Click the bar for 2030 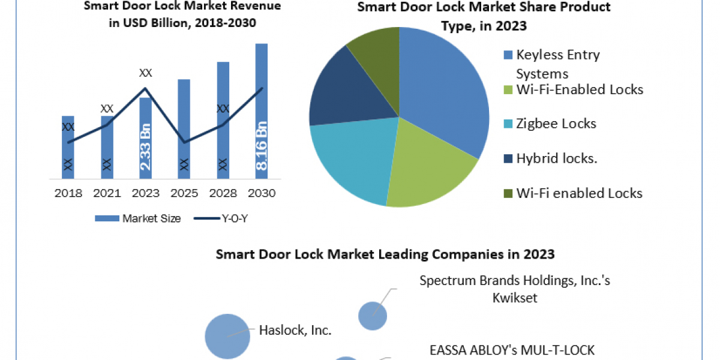click(262, 111)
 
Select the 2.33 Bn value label click(146, 147)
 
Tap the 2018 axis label click(68, 193)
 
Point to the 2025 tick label click(184, 193)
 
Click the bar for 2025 click(184, 129)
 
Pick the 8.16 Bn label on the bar click(262, 146)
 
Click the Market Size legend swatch click(107, 218)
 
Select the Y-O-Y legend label click(235, 218)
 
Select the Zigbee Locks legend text click(556, 124)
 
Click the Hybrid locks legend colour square click(508, 159)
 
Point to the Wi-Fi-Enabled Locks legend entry click(574, 89)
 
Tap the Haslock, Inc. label click(295, 330)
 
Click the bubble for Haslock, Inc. click(227, 336)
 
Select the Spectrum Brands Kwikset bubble click(373, 316)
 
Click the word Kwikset click(515, 298)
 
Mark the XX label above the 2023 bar click(145, 73)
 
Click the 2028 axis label click(223, 193)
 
